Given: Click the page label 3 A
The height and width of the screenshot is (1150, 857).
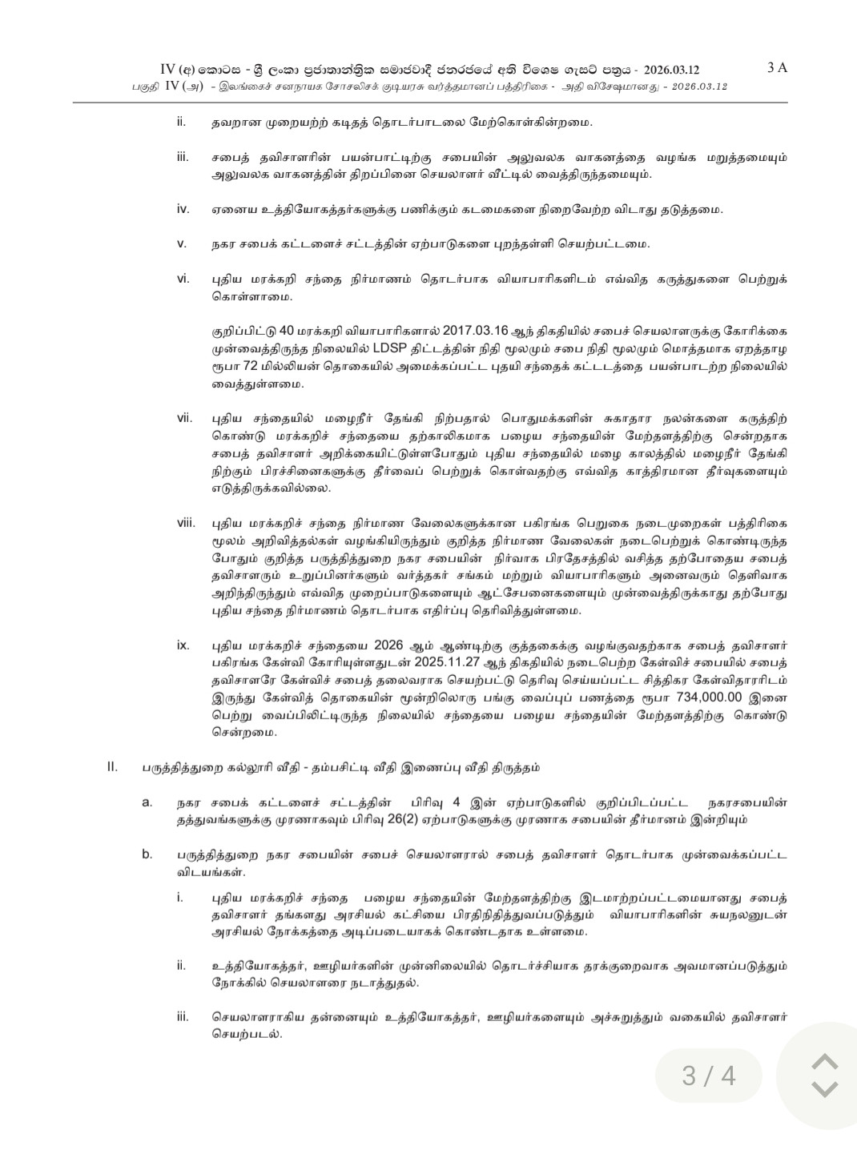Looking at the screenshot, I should (777, 68).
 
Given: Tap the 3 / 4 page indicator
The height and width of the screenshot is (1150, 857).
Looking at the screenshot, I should (708, 1075).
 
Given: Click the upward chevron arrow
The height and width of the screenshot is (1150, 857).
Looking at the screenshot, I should (824, 1062).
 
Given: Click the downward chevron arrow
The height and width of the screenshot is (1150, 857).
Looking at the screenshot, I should (824, 1088).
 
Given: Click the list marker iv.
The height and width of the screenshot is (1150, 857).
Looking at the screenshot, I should (183, 209).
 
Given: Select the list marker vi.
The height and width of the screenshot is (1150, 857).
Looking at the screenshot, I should (183, 279).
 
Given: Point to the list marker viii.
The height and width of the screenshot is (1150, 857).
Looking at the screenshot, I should (187, 523).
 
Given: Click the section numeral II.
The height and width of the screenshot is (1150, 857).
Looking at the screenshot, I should (112, 767).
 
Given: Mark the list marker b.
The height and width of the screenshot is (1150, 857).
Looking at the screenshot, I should (147, 854).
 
